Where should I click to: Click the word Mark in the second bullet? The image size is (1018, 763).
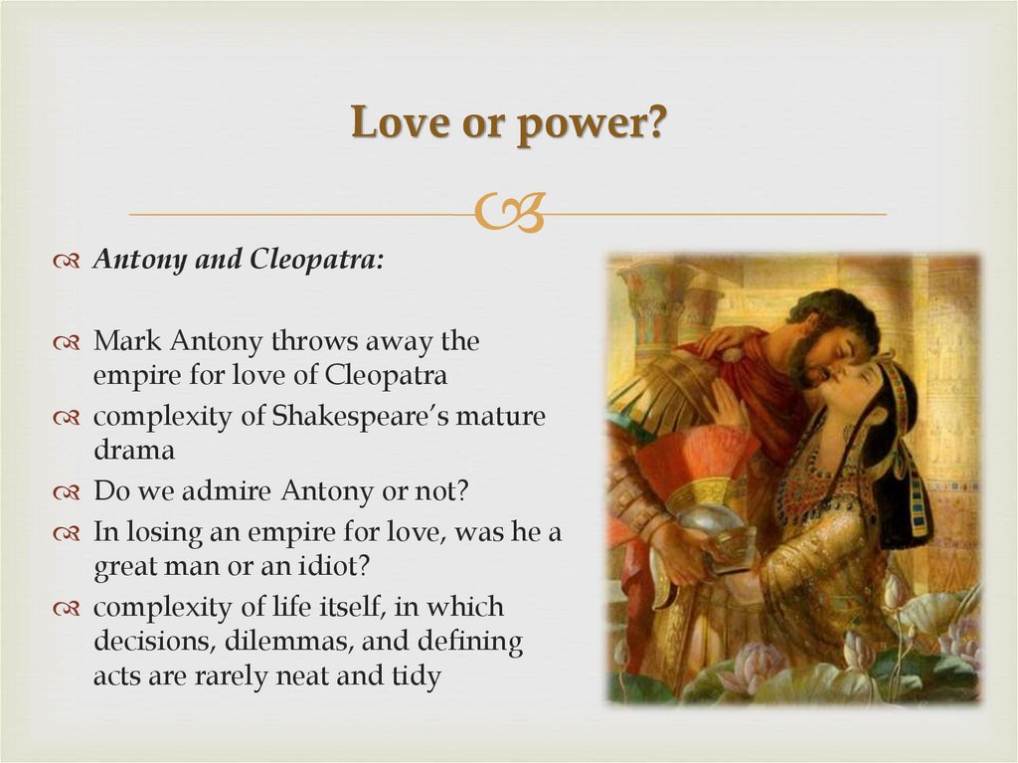(x=127, y=341)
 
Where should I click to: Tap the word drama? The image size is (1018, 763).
(x=134, y=450)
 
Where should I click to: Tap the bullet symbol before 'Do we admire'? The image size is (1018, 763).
(x=67, y=491)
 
